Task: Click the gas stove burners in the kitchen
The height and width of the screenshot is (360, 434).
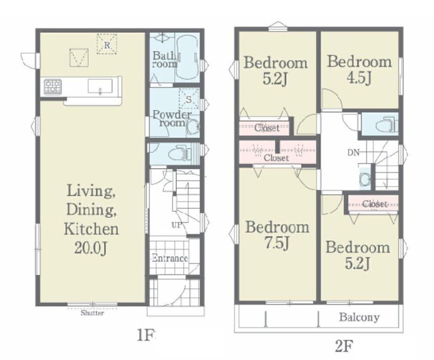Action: click(x=52, y=86)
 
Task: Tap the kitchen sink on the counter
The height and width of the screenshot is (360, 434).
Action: click(x=100, y=86)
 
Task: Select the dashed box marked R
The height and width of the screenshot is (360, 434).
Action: click(x=107, y=44)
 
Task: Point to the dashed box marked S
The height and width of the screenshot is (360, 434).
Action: click(x=189, y=99)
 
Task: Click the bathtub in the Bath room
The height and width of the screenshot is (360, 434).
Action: click(x=187, y=57)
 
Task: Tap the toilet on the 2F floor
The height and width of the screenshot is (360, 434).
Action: click(x=386, y=125)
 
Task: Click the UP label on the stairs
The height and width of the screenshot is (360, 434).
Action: click(x=177, y=225)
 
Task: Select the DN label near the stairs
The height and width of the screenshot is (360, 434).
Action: click(x=353, y=152)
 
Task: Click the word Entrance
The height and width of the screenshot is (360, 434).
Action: click(x=170, y=259)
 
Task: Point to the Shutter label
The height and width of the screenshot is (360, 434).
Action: click(x=92, y=313)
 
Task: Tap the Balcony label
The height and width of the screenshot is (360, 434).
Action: click(x=359, y=317)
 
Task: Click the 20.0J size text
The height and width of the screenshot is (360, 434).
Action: click(x=91, y=247)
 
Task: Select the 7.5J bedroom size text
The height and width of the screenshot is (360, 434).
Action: click(x=277, y=243)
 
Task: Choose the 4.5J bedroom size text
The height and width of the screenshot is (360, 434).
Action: click(x=359, y=78)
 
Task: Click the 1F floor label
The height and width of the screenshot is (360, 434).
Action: click(x=146, y=335)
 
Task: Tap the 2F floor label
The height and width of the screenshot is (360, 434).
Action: click(x=344, y=346)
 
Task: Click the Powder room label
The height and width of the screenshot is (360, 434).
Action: click(x=172, y=118)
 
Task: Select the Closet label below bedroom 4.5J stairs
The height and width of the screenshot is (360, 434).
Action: click(x=375, y=204)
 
